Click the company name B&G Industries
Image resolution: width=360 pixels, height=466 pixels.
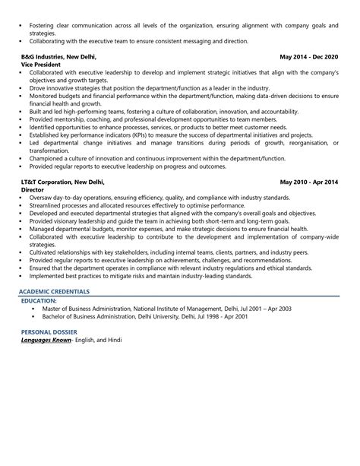(x=45, y=56)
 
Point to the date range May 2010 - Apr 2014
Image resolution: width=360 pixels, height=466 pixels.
(x=308, y=182)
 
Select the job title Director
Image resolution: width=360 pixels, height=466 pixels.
(x=34, y=191)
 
